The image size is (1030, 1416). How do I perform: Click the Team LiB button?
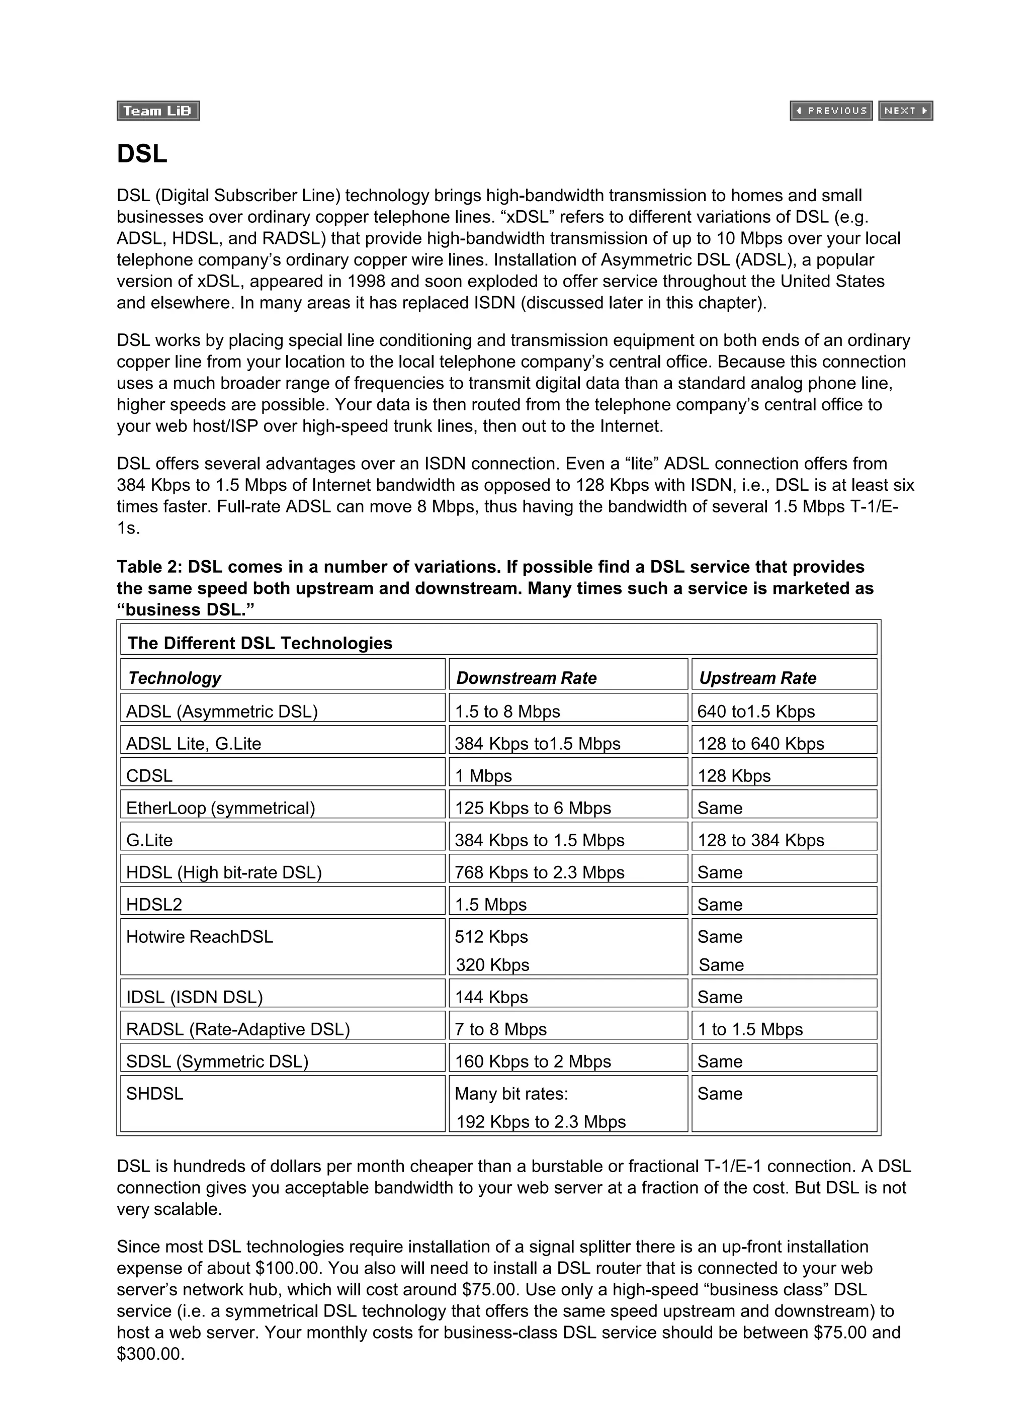pos(157,111)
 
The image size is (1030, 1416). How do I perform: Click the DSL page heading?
pos(142,153)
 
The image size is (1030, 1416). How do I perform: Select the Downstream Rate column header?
pos(526,678)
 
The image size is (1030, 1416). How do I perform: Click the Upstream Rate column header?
pos(756,678)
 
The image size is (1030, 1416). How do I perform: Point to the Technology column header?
pos(175,678)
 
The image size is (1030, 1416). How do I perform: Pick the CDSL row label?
pos(149,775)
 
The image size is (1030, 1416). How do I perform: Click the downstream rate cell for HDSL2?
pos(490,904)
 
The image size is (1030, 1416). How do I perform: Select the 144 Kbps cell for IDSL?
pos(491,997)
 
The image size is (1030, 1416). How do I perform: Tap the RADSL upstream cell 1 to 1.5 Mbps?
pos(749,1029)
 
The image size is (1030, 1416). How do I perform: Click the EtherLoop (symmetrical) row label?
pos(220,808)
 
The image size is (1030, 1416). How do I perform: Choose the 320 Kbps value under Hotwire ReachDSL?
pos(492,964)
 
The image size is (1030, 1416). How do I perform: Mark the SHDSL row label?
pos(154,1093)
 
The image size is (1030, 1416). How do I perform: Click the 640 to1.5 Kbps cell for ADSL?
pos(755,712)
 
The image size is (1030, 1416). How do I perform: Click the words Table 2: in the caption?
pos(149,567)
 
